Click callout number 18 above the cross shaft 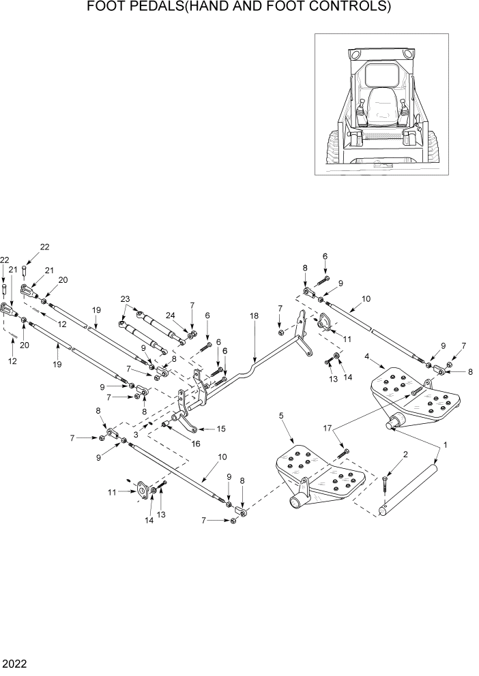pos(254,316)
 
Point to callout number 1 pos(446,444)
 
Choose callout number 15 pos(220,429)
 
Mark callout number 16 pos(196,444)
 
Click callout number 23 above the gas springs pos(124,298)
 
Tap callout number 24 pos(170,315)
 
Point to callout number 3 pos(136,434)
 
